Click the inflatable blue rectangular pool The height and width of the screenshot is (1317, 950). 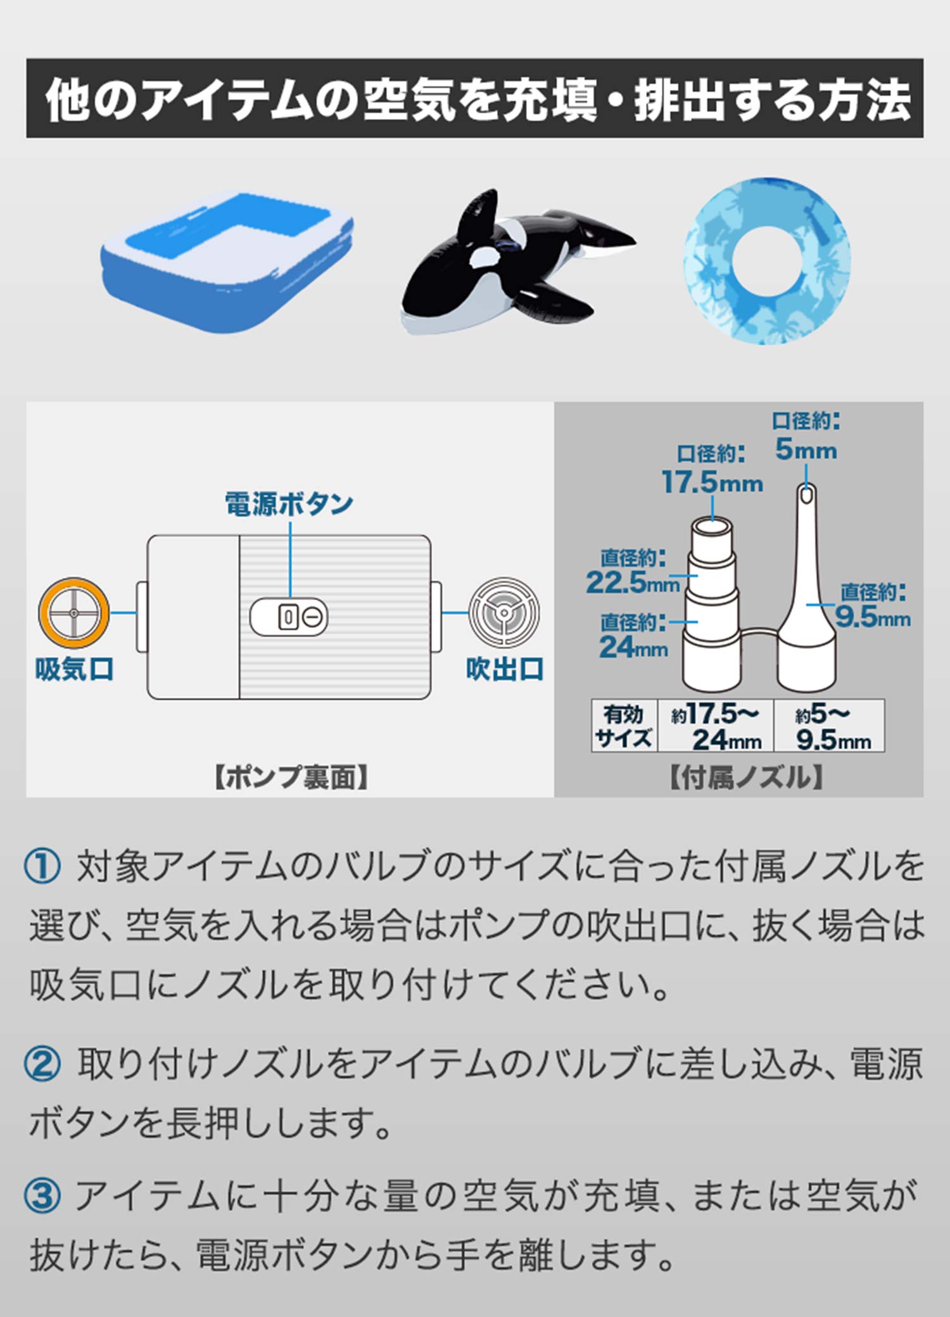[227, 261]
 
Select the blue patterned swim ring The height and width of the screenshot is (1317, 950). [767, 260]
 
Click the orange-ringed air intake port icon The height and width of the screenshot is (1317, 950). [73, 613]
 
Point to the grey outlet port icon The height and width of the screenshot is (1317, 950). [504, 613]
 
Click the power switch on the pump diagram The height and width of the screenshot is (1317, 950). [289, 616]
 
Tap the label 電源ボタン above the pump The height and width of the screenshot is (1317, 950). [289, 504]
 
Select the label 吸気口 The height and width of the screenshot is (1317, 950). [74, 669]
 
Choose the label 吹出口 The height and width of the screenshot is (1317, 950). [505, 669]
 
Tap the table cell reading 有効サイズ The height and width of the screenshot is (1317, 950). [624, 726]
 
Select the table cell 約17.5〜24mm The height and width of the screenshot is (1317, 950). [716, 726]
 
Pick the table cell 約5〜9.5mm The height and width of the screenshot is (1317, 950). [830, 726]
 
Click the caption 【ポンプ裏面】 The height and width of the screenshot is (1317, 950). [291, 778]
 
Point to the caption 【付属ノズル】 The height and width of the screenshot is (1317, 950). [746, 778]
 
